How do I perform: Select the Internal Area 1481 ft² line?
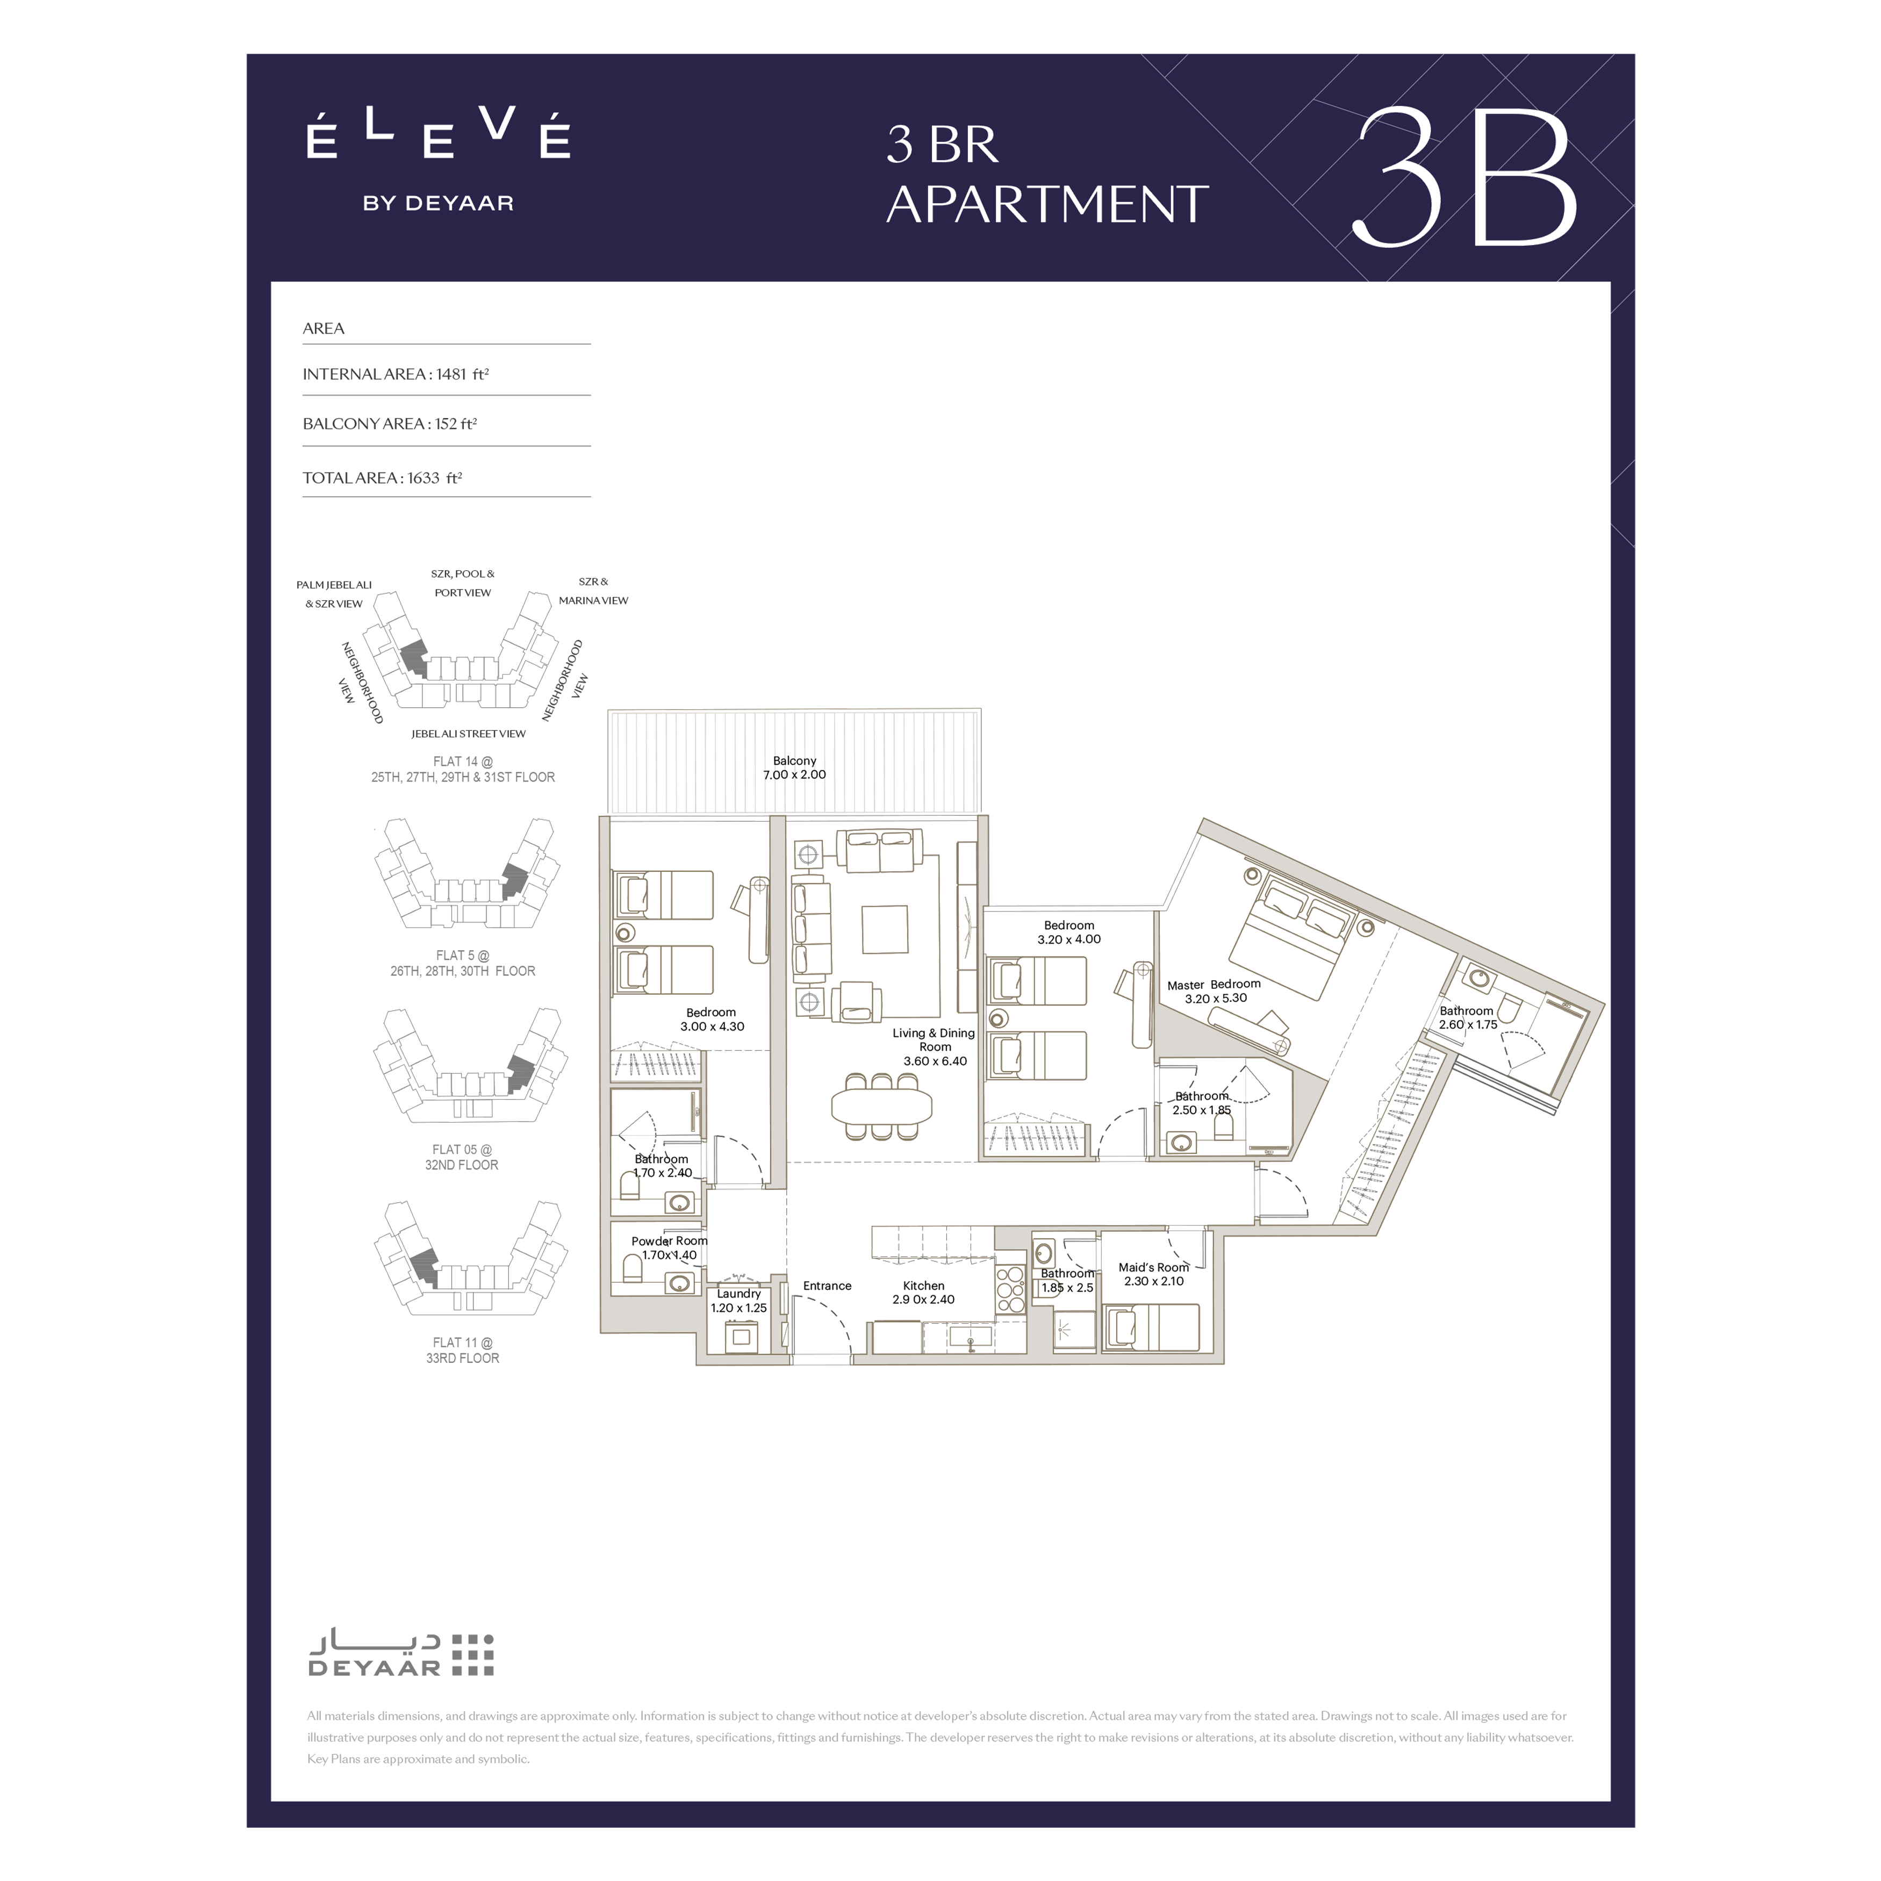click(x=396, y=374)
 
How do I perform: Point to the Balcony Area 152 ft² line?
click(x=390, y=423)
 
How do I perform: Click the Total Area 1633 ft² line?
click(x=383, y=477)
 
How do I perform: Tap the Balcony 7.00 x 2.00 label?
click(x=794, y=768)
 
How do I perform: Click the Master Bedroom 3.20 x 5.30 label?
click(x=1214, y=991)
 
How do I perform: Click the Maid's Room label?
click(x=1154, y=1274)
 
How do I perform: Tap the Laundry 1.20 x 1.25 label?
click(x=739, y=1301)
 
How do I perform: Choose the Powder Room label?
click(x=670, y=1248)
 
